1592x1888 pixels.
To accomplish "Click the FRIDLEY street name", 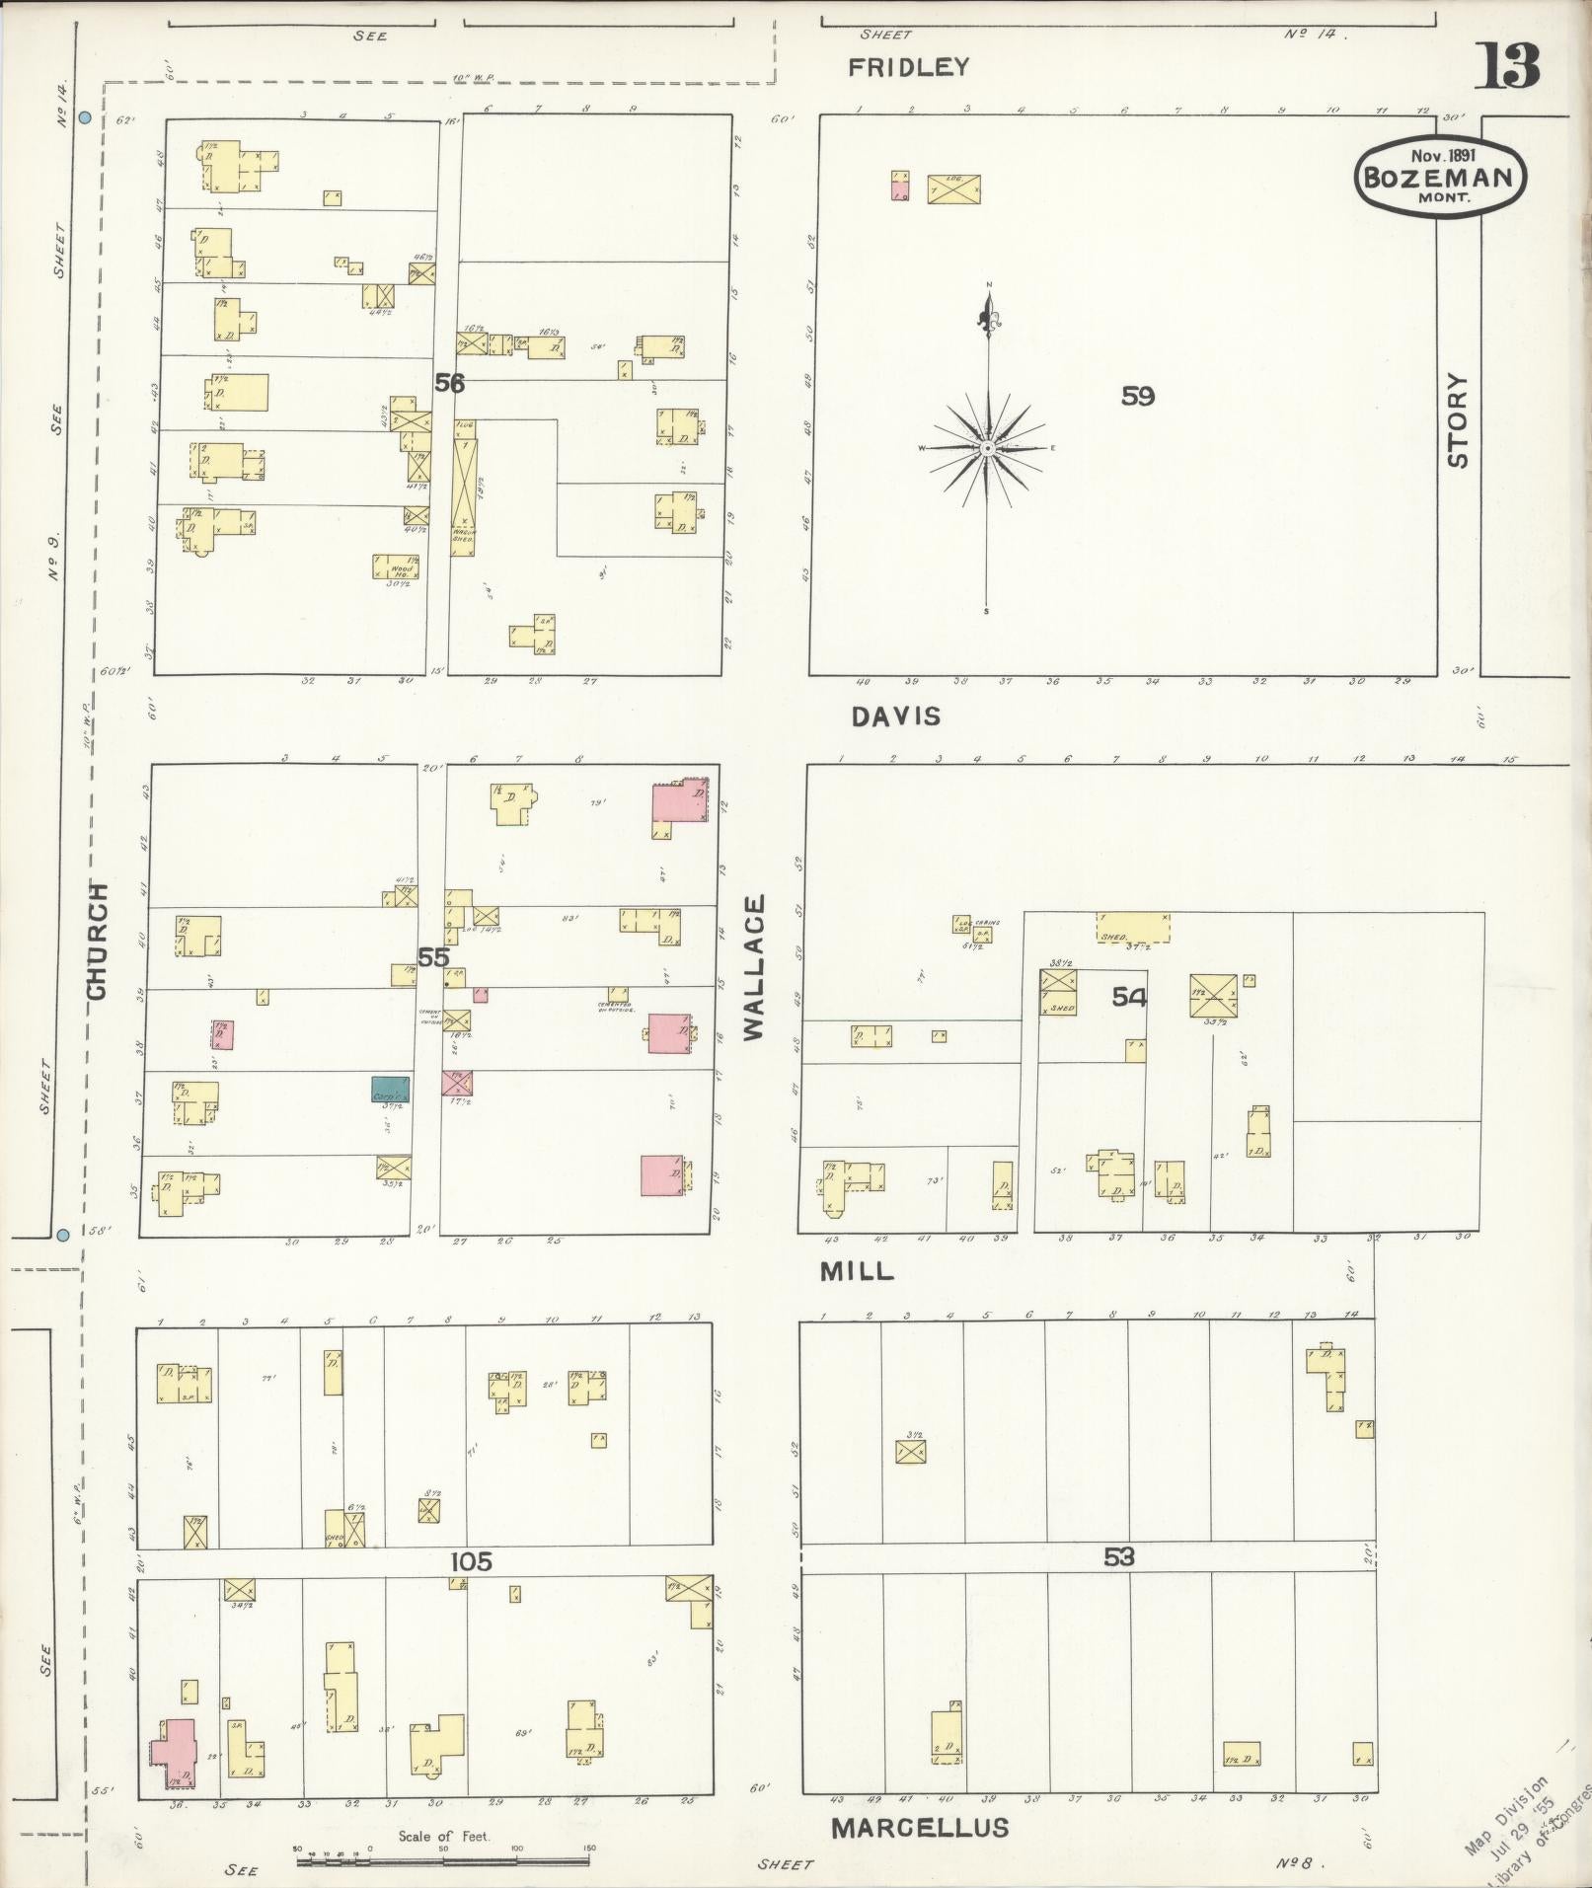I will pos(909,67).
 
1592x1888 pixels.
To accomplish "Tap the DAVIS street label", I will pos(896,717).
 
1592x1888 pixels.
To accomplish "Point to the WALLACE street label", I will pos(755,967).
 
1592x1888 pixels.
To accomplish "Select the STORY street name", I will pos(1458,419).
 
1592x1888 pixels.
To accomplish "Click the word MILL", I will pos(857,1271).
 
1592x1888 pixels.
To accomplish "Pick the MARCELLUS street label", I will pos(920,1827).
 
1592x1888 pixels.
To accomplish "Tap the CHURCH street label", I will pos(98,940).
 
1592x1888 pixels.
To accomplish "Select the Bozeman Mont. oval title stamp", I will pos(1439,177).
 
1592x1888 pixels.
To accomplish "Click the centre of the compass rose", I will pos(987,449).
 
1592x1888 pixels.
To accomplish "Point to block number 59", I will pos(1138,396).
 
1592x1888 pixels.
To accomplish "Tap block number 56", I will pos(449,383).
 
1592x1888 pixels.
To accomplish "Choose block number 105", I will pos(471,1561).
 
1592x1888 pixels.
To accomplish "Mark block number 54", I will pos(1129,998).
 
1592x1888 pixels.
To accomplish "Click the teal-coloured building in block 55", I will pos(391,1089).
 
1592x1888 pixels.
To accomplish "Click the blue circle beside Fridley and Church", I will pos(85,117).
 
